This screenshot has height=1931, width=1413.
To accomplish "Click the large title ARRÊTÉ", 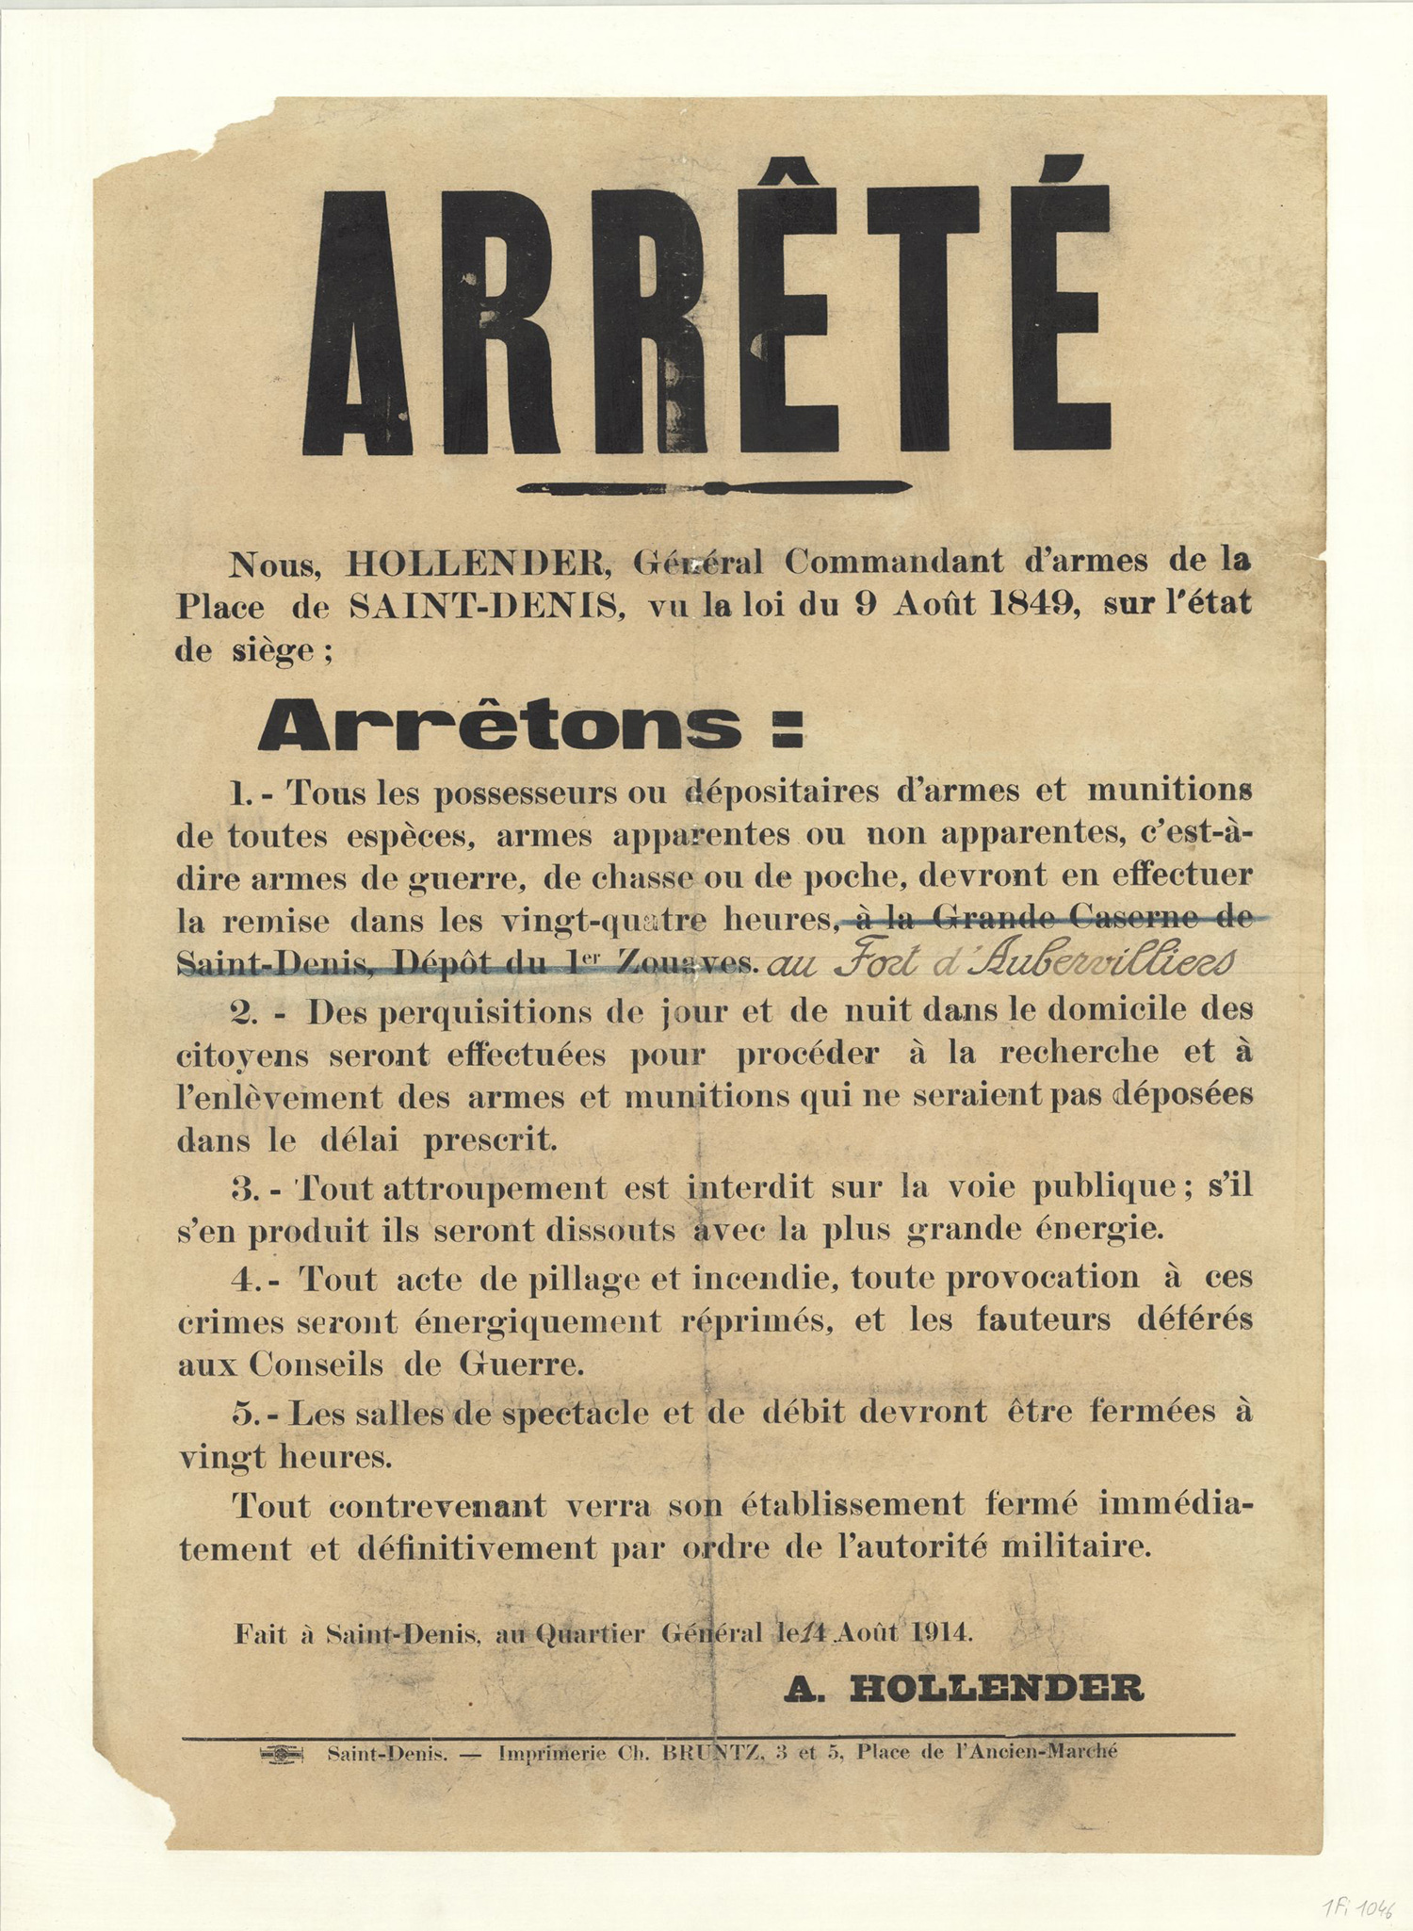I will pyautogui.click(x=706, y=316).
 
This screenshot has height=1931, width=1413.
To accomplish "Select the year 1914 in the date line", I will pyautogui.click(x=941, y=1632).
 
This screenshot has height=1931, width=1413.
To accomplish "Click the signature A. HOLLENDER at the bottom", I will pyautogui.click(x=964, y=1689).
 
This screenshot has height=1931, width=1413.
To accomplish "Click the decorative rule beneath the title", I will pyautogui.click(x=714, y=488).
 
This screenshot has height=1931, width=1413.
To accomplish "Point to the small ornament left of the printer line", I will pyautogui.click(x=283, y=1754).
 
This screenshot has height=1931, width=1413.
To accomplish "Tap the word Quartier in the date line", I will pyautogui.click(x=590, y=1633).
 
